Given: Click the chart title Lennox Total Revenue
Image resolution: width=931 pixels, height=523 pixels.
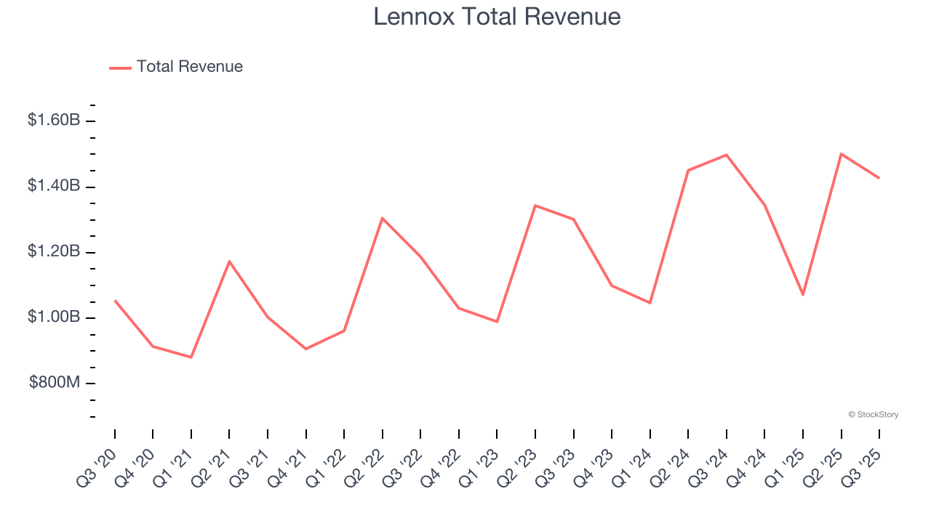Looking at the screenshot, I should (497, 17).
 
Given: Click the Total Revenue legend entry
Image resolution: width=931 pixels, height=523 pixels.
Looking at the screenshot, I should (177, 67).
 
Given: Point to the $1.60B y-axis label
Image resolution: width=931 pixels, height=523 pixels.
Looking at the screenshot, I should (54, 120).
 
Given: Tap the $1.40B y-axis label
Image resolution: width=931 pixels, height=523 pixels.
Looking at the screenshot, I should (54, 186).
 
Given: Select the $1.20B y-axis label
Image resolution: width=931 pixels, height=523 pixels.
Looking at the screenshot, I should (54, 251).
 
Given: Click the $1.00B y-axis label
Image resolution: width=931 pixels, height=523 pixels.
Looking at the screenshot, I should (54, 317).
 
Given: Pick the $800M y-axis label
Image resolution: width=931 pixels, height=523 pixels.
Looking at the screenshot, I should (55, 383).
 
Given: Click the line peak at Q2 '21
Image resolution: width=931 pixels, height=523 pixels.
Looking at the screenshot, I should (229, 261).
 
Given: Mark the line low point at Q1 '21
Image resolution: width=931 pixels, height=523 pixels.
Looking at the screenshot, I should (191, 357).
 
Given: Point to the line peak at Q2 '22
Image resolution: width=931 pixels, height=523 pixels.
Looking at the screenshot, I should (382, 218).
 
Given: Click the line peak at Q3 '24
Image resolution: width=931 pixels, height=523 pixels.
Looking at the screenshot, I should (727, 155).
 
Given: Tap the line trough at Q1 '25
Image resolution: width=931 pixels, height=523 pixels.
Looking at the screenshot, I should (803, 295).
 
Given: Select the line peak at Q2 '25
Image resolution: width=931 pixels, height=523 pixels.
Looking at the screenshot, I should (841, 154).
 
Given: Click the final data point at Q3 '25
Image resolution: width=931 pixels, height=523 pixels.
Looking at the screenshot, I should (879, 178).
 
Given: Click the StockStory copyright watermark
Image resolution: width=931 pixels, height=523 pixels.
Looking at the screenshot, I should (873, 415).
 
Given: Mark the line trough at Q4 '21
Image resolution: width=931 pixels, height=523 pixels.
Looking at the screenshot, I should (305, 349).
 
